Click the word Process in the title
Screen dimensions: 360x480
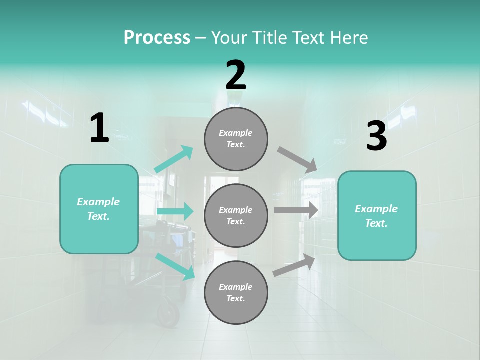pyautogui.click(x=157, y=37)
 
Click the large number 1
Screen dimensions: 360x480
pyautogui.click(x=99, y=128)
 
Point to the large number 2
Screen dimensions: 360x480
pyautogui.click(x=236, y=75)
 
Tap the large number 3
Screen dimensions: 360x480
pyautogui.click(x=376, y=136)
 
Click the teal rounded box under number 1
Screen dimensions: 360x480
pyautogui.click(x=99, y=209)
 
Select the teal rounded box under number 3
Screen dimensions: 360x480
pyautogui.click(x=377, y=215)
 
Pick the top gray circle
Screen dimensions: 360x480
pyautogui.click(x=236, y=139)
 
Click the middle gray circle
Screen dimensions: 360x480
pyautogui.click(x=236, y=215)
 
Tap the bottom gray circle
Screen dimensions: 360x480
pyautogui.click(x=236, y=292)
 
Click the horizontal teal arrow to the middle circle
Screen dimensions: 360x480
pyautogui.click(x=175, y=212)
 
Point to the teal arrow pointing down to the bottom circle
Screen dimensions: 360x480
pyautogui.click(x=175, y=265)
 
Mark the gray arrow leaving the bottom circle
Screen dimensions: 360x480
pyautogui.click(x=294, y=265)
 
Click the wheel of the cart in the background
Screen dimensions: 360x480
pyautogui.click(x=168, y=313)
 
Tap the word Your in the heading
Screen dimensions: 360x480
pyautogui.click(x=230, y=37)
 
